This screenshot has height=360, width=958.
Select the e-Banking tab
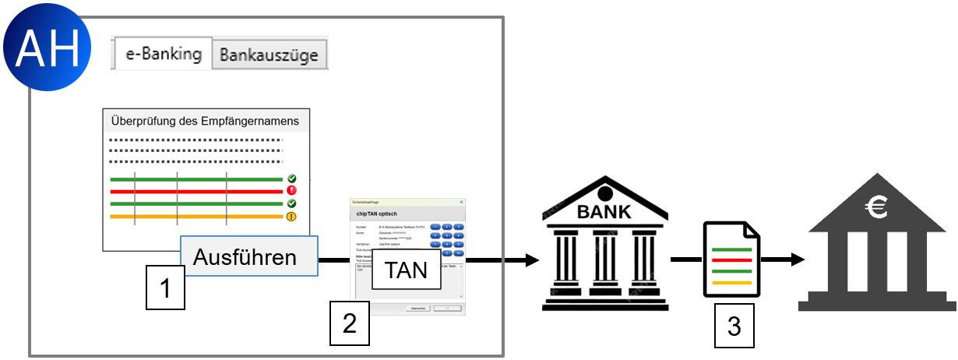point(164,55)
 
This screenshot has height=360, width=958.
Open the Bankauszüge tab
point(269,55)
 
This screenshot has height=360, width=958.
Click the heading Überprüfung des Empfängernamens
point(206,121)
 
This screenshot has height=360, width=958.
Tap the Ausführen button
point(245,256)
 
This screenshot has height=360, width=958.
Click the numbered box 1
point(165,288)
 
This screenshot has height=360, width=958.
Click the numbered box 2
point(350,323)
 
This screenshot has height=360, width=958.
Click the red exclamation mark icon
point(291,190)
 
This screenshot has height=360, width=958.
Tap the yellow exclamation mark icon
point(291,217)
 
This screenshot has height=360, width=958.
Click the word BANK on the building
point(604,211)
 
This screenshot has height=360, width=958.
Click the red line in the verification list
point(195,190)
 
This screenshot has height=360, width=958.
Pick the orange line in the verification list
point(195,217)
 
